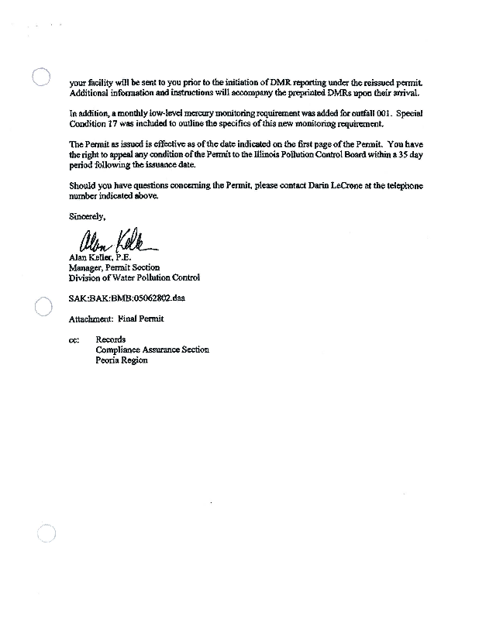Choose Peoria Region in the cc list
tap(122, 360)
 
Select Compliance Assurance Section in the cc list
tap(152, 350)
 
